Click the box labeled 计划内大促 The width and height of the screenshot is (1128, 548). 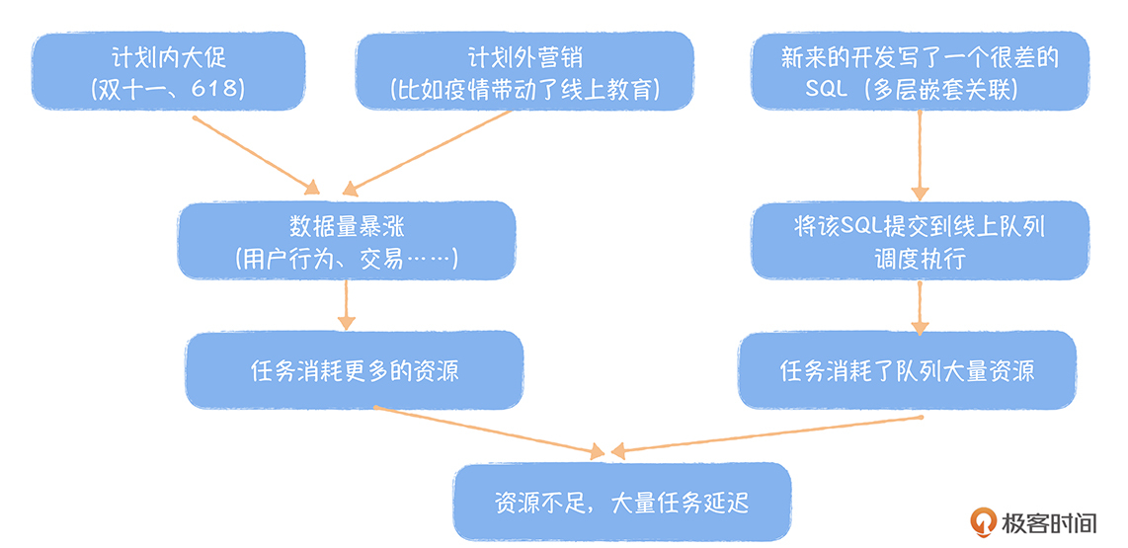tap(168, 72)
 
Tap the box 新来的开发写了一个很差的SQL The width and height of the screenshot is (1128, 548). tap(920, 72)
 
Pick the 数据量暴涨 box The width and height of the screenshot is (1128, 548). tap(346, 242)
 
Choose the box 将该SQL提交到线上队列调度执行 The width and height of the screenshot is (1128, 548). tap(920, 242)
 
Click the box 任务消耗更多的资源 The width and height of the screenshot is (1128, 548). tap(355, 370)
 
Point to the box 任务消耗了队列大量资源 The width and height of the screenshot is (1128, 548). tap(907, 370)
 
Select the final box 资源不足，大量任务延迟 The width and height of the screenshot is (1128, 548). tap(622, 502)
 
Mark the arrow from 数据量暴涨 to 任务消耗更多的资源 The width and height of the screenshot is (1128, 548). tap(346, 305)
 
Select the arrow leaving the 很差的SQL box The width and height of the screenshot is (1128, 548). tap(920, 154)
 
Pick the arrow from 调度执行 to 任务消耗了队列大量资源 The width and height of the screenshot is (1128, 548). tap(920, 307)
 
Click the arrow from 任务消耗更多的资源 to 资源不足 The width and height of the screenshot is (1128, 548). tap(489, 431)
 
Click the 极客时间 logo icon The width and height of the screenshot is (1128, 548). tap(985, 521)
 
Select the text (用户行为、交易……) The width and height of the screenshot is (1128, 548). tap(346, 260)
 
